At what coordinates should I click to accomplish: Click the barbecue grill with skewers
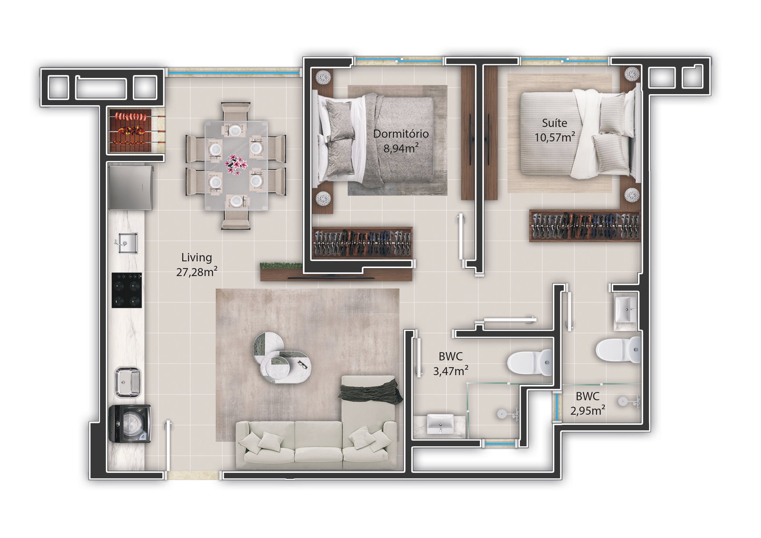click(x=136, y=131)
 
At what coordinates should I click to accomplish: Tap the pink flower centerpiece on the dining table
click(x=236, y=165)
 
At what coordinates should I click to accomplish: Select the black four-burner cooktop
click(x=127, y=290)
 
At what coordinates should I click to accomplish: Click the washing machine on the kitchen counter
click(x=130, y=423)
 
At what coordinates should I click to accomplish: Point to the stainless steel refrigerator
click(x=131, y=187)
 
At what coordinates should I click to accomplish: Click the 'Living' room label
click(x=197, y=258)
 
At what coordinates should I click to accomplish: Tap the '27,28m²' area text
click(x=197, y=272)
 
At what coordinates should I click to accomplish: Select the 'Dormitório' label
click(x=401, y=134)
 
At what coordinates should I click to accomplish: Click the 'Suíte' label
click(x=555, y=123)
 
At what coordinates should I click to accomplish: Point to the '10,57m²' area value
click(x=555, y=137)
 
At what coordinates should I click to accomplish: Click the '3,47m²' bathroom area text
click(x=450, y=371)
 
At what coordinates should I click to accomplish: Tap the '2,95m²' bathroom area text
click(x=587, y=411)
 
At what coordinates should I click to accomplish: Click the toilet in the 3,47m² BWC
click(x=530, y=362)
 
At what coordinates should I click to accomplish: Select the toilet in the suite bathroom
click(x=618, y=350)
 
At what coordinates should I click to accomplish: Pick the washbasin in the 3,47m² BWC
click(x=440, y=424)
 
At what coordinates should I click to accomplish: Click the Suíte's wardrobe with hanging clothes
click(x=585, y=225)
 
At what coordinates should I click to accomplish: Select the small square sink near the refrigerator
click(x=128, y=243)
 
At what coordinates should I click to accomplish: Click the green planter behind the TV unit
click(x=281, y=265)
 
